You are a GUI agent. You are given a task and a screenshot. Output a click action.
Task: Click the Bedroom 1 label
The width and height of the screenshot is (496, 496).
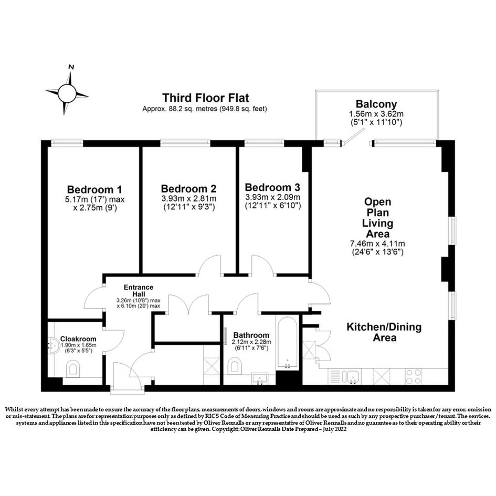[94, 189]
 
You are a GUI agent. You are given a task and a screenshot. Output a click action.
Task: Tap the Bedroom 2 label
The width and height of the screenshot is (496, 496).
[188, 188]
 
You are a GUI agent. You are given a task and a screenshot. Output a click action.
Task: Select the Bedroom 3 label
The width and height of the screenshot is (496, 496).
[272, 187]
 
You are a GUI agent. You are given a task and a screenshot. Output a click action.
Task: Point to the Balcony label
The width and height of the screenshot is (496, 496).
[376, 104]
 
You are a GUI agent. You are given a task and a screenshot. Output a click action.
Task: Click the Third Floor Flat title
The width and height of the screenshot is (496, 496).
[206, 98]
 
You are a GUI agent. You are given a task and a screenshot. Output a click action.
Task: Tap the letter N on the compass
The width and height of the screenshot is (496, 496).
[71, 67]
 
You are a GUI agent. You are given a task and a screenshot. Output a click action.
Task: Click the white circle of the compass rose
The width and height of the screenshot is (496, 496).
[67, 93]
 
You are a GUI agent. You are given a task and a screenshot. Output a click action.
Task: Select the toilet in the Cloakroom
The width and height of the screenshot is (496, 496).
[73, 368]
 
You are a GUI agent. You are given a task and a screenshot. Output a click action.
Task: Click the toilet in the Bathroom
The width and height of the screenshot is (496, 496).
[235, 366]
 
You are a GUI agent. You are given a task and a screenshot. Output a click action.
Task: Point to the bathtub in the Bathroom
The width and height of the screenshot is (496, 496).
[287, 343]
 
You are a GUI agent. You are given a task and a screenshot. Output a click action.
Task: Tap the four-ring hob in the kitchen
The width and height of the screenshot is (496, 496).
[413, 376]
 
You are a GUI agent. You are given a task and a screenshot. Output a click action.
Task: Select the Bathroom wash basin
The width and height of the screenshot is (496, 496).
[260, 379]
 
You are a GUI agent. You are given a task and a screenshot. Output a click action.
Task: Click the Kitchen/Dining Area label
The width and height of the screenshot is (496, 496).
[384, 332]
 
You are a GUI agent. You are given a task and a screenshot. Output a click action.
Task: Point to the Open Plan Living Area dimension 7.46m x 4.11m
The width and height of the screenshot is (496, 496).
[377, 244]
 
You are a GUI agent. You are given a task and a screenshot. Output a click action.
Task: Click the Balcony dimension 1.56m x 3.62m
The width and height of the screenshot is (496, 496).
[376, 114]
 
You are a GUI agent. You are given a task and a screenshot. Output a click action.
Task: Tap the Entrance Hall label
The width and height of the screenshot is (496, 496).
[138, 291]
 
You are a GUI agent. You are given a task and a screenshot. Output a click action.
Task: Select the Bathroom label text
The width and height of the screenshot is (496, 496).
[251, 335]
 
